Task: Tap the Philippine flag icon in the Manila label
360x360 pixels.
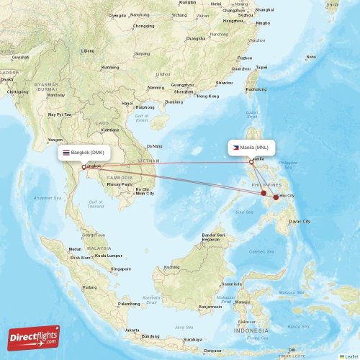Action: (235, 147)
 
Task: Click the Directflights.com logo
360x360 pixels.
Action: (35, 336)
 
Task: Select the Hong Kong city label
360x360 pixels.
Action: (207, 96)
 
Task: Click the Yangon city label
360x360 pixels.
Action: (55, 139)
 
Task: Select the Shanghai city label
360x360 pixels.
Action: (264, 9)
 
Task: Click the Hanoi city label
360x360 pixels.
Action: (127, 103)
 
